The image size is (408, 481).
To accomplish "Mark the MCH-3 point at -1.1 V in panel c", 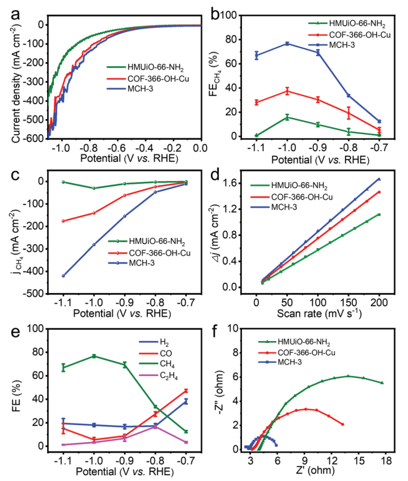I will [x=63, y=276].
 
